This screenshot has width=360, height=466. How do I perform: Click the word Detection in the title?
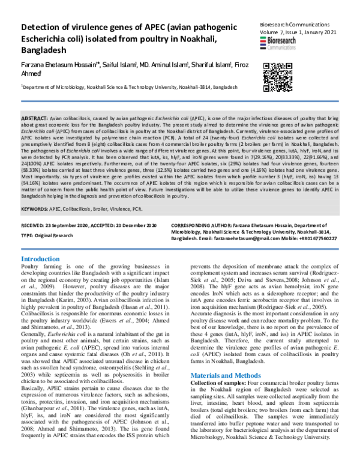coord(44,28)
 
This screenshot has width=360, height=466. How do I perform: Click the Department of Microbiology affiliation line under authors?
coord(126,86)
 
